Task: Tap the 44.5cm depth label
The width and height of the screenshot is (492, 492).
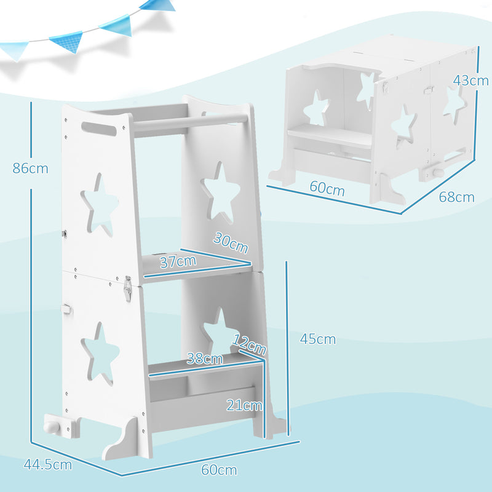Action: tap(47, 464)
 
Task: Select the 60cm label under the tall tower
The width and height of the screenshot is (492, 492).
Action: tap(218, 470)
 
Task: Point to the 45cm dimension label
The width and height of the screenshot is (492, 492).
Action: tap(318, 338)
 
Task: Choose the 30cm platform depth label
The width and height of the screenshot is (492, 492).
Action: tap(231, 243)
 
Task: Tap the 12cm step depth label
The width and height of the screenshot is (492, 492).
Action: tap(250, 344)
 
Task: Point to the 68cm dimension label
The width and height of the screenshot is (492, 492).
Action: tap(456, 197)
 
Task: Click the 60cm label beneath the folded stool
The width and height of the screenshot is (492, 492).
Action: tap(327, 189)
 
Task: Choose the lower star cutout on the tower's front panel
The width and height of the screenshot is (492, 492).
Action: tap(101, 354)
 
